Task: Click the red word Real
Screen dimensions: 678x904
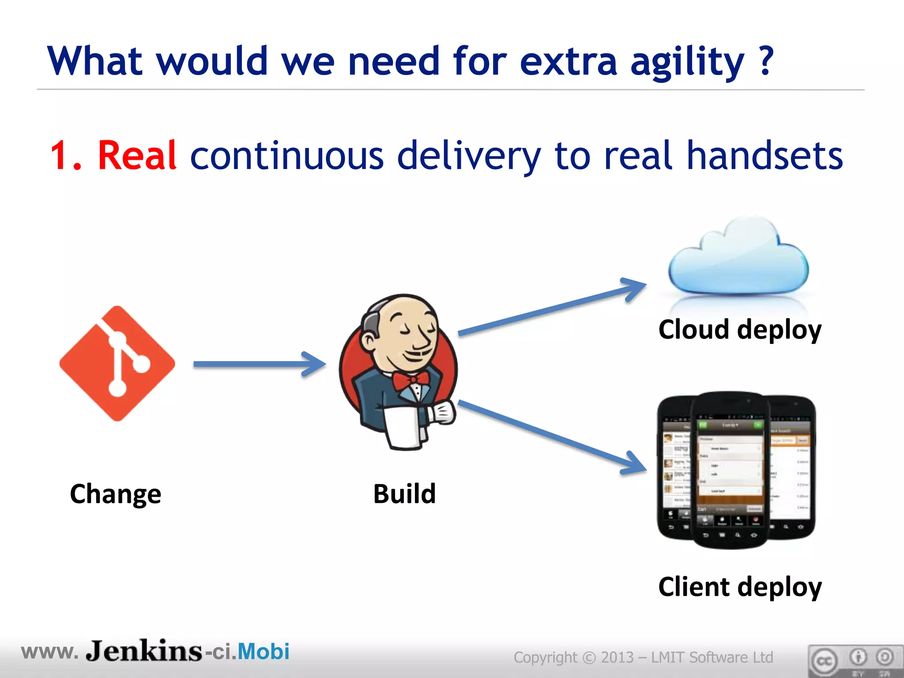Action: point(137,155)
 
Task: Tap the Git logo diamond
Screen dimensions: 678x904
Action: point(117,364)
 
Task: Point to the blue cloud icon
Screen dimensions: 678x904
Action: point(738,260)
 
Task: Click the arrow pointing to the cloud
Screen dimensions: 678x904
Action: point(552,309)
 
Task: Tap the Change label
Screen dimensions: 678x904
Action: point(116,494)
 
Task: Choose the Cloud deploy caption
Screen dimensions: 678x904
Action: point(740,330)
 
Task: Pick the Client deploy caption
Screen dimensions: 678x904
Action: point(740,587)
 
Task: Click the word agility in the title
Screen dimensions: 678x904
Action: point(687,62)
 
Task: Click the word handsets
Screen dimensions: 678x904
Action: point(765,155)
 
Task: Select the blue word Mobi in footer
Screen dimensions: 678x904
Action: point(264,652)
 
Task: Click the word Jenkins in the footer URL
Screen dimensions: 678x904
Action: point(144,652)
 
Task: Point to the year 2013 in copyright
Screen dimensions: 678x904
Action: point(617,657)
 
